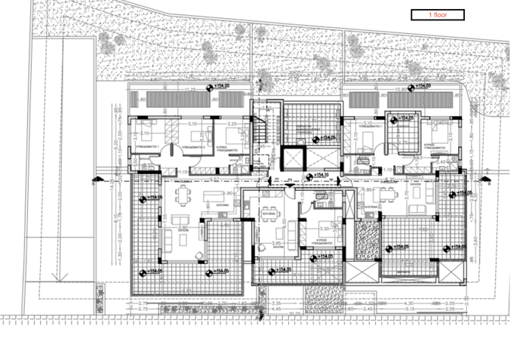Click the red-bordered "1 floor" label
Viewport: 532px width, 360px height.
tap(437, 14)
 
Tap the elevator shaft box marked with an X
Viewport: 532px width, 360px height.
tap(291, 160)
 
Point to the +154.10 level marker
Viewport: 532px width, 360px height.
tap(316, 177)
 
